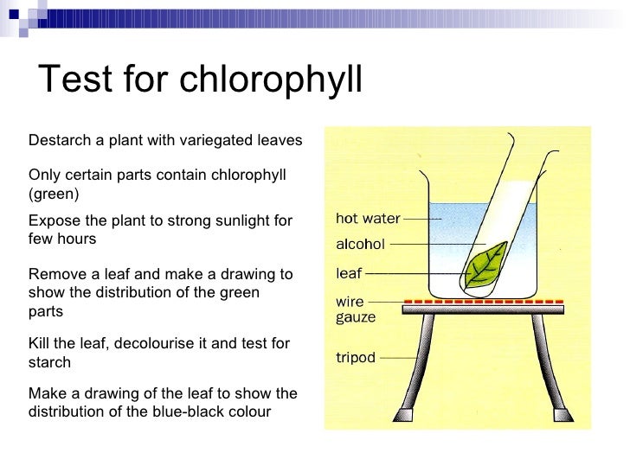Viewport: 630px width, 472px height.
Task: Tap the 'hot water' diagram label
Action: pyautogui.click(x=368, y=219)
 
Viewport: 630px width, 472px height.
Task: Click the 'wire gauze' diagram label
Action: pyautogui.click(x=356, y=311)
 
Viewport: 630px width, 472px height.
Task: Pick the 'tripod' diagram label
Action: pyautogui.click(x=356, y=356)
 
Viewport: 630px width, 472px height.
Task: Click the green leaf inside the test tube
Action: pyautogui.click(x=485, y=265)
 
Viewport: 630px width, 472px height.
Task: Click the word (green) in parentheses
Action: pyautogui.click(x=54, y=193)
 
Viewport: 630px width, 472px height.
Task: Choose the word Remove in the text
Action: pyautogui.click(x=56, y=275)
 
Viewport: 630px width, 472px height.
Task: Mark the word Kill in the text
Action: pyautogui.click(x=40, y=344)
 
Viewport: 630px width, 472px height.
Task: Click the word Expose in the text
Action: pyautogui.click(x=54, y=220)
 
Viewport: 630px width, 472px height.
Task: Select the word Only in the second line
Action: pyautogui.click(x=44, y=175)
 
